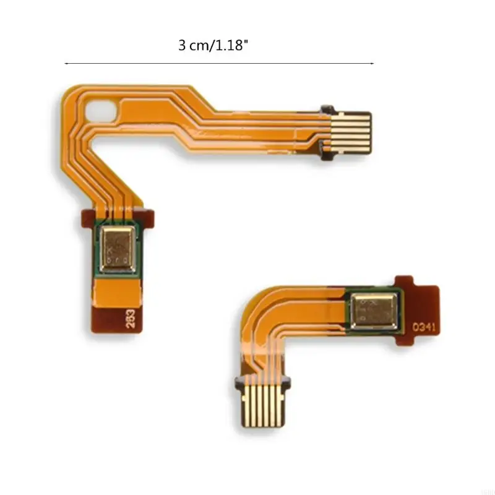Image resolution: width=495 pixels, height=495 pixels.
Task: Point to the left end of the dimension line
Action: pyautogui.click(x=66, y=63)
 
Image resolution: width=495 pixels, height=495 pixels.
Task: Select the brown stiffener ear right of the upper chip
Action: pyautogui.click(x=150, y=216)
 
